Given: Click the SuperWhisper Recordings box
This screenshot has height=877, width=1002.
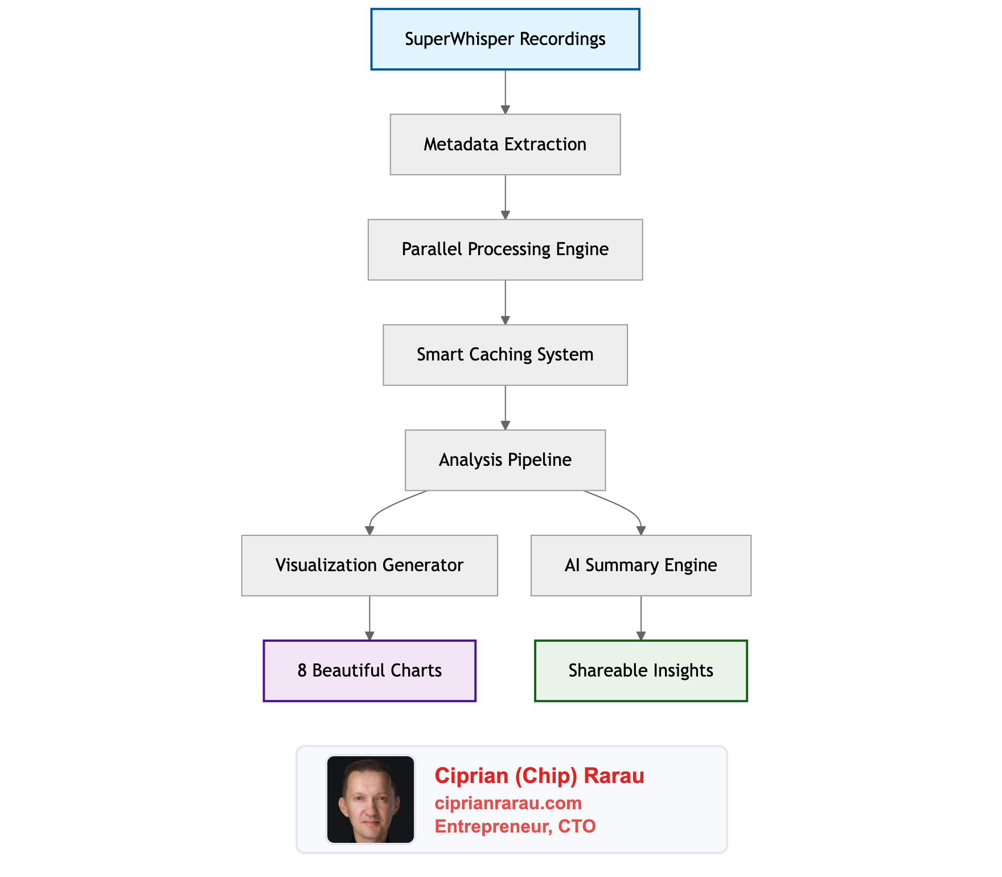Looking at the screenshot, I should [505, 39].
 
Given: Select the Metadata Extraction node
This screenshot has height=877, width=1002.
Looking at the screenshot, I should [505, 145].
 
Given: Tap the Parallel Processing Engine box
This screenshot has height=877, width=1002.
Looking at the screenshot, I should [505, 249].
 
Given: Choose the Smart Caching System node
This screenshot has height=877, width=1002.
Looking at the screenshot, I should [505, 355].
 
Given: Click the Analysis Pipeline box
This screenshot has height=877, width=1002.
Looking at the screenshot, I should [505, 460].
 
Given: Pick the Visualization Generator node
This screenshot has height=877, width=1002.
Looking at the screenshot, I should [369, 565].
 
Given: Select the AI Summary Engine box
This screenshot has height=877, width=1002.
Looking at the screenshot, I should [640, 565].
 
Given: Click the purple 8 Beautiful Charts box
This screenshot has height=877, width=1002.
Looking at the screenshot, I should [369, 671].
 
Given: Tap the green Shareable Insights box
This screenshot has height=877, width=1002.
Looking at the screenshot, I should [640, 671].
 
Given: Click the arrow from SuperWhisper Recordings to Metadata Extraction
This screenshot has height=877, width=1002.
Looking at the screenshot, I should [505, 91].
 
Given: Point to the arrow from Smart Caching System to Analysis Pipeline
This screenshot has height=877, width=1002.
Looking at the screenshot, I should [505, 407].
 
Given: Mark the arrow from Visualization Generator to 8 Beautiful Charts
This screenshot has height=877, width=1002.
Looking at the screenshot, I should [369, 617].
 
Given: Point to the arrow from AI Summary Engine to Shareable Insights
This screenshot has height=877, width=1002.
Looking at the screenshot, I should [641, 617].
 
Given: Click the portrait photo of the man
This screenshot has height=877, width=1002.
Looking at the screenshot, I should [371, 800].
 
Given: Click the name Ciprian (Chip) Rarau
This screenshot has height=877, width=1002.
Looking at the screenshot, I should [539, 776].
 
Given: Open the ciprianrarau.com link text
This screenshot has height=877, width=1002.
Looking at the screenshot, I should [508, 803].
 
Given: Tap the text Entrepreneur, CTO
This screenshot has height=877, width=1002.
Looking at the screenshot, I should [515, 826].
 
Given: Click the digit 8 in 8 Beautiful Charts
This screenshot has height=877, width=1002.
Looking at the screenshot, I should [302, 671].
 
